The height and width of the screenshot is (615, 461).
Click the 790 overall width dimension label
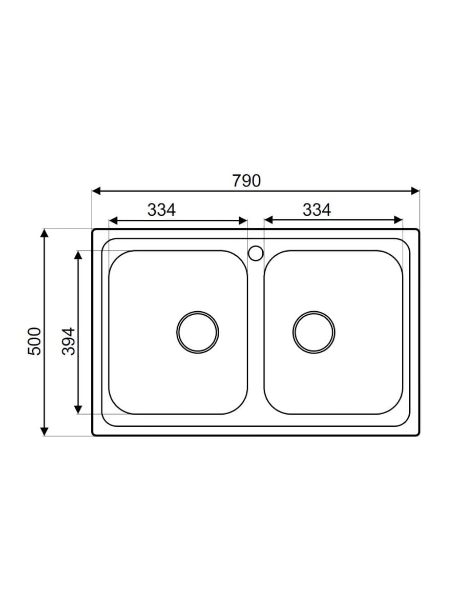pyautogui.click(x=246, y=181)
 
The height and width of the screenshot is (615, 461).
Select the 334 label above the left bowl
pyautogui.click(x=161, y=210)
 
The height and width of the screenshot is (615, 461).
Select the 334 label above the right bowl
pyautogui.click(x=317, y=210)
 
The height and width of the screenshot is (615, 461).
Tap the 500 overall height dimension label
pyautogui.click(x=34, y=341)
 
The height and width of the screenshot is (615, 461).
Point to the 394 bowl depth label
pyautogui.click(x=69, y=341)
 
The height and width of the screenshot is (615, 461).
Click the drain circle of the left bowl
pyautogui.click(x=198, y=332)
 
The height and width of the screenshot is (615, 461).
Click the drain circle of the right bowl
pyautogui.click(x=314, y=332)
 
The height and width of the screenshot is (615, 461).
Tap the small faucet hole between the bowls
pyautogui.click(x=255, y=253)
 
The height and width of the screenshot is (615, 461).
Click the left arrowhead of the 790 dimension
pyautogui.click(x=96, y=191)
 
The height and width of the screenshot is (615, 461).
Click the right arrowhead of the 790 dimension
pyautogui.click(x=415, y=191)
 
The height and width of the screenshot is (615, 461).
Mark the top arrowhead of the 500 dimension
pyautogui.click(x=45, y=233)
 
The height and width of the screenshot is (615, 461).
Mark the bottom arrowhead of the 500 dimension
pyautogui.click(x=45, y=432)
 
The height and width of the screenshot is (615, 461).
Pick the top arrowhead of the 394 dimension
pyautogui.click(x=78, y=255)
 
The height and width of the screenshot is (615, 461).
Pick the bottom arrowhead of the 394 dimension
pyautogui.click(x=78, y=409)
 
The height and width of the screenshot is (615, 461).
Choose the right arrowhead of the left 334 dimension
pyautogui.click(x=244, y=220)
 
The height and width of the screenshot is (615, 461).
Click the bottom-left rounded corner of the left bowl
pyautogui.click(x=115, y=408)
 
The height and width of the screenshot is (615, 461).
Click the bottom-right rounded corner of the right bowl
pyautogui.click(x=396, y=408)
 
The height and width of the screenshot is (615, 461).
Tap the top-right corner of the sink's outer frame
pyautogui.click(x=418, y=230)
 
